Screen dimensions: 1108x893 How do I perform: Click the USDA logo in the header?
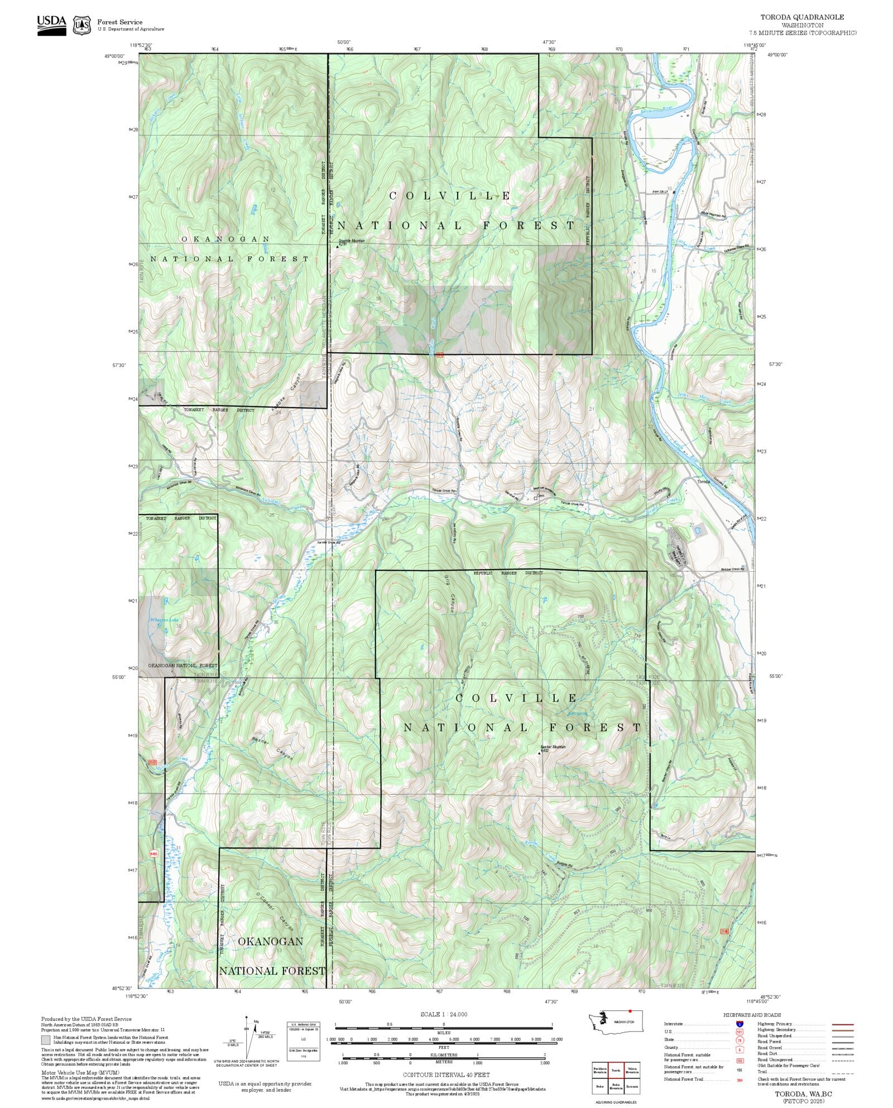point(51,25)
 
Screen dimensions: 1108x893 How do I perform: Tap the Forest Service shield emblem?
point(83,25)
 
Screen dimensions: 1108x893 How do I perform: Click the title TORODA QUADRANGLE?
point(802,17)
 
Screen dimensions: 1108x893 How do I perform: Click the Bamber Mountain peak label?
point(553,747)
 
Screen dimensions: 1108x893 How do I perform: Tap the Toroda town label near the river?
point(703,481)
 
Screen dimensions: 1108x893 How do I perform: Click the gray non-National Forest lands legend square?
point(45,1040)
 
